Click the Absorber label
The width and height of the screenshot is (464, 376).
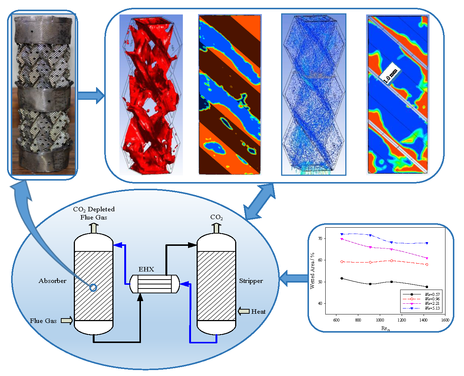[52, 281]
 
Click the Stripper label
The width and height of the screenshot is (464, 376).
[251, 281]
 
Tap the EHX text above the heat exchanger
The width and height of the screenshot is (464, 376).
[146, 269]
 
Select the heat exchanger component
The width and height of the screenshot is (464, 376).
[155, 284]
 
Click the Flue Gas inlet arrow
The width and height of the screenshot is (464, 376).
[67, 320]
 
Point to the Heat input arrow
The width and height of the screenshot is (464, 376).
[244, 311]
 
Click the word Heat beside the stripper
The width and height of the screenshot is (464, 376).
[259, 311]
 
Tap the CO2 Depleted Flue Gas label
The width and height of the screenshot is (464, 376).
[94, 213]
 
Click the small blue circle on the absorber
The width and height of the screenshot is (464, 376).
[93, 287]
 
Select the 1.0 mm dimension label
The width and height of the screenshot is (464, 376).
[390, 76]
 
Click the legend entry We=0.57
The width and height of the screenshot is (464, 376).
[432, 294]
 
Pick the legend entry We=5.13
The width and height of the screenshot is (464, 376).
[432, 308]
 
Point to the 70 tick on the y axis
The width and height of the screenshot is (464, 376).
[320, 238]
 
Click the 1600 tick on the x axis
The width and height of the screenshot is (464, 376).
[445, 320]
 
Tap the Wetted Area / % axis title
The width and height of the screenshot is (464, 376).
[312, 271]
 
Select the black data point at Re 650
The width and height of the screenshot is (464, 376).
[342, 278]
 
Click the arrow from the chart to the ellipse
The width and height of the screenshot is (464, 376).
[293, 278]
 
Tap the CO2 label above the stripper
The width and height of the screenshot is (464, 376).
[216, 217]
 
